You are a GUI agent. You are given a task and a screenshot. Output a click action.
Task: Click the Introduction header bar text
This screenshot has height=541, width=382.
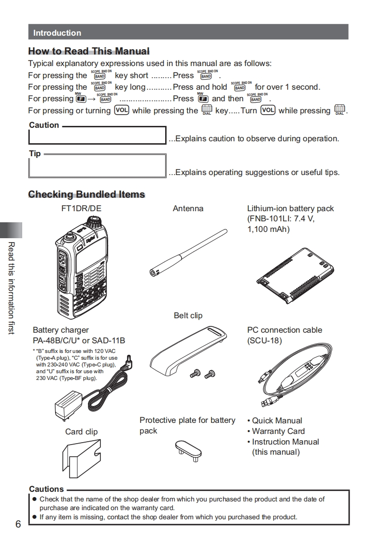57,33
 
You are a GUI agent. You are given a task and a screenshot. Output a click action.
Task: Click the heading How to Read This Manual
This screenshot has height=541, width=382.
89,51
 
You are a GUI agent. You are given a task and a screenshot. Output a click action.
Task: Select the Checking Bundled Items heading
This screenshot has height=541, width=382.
86,194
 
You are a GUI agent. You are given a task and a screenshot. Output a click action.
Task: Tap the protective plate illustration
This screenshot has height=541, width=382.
188,448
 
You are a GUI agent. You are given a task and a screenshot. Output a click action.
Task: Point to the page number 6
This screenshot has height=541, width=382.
18,524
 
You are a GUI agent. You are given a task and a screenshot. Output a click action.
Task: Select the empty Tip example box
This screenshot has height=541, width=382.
97,166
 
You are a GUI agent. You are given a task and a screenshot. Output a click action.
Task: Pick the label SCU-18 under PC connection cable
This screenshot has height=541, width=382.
264,340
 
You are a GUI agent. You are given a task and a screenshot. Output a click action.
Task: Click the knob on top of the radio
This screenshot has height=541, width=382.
92,223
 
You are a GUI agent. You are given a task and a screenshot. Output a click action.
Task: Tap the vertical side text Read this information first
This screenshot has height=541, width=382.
11,288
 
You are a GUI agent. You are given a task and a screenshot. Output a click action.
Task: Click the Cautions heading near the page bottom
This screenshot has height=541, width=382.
46,489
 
